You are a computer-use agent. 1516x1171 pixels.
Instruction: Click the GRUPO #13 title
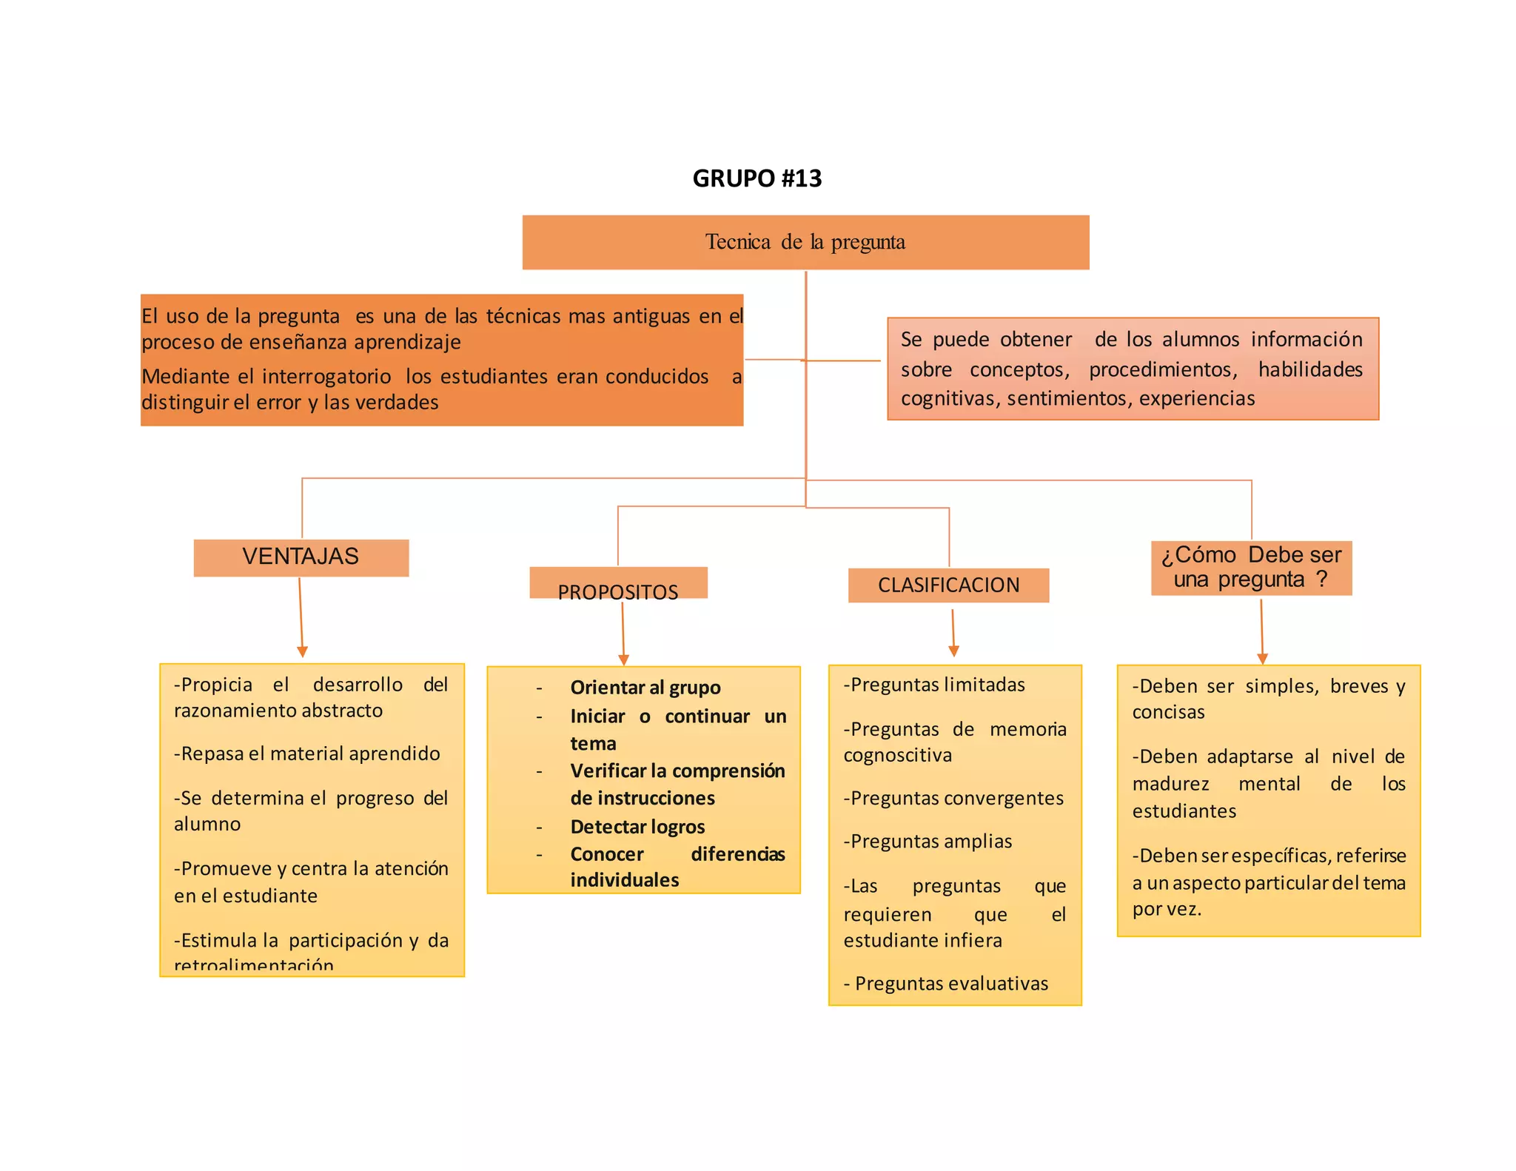pos(757,178)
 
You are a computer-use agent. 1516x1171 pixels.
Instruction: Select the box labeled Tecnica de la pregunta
pos(805,242)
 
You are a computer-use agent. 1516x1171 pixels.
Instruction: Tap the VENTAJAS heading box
pos(301,557)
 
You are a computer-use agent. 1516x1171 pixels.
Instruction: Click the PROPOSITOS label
pos(618,591)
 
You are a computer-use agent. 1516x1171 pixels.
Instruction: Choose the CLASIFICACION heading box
pos(948,585)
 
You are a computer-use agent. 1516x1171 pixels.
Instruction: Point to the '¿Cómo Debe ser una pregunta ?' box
pos(1251,567)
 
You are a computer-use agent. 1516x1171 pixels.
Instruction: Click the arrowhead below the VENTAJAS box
pos(302,651)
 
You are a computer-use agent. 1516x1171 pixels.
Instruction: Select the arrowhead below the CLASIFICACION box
pos(953,651)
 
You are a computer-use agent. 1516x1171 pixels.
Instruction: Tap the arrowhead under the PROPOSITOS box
pos(623,659)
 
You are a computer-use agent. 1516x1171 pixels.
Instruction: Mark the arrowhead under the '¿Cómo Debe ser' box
pos(1263,658)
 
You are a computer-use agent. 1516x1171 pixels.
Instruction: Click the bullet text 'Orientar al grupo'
pos(645,688)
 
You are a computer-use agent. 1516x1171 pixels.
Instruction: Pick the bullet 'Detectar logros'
pos(637,826)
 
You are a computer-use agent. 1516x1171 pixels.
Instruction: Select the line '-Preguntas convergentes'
pos(953,798)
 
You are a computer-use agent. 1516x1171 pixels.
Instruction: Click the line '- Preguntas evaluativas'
pos(946,983)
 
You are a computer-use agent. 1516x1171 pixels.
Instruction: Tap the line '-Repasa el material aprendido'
pos(306,754)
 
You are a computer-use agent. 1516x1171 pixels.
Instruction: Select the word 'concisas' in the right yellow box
pos(1168,712)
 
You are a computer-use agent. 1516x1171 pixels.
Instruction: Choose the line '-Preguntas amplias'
pos(928,841)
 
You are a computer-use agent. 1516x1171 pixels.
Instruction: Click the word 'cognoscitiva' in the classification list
pos(897,755)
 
